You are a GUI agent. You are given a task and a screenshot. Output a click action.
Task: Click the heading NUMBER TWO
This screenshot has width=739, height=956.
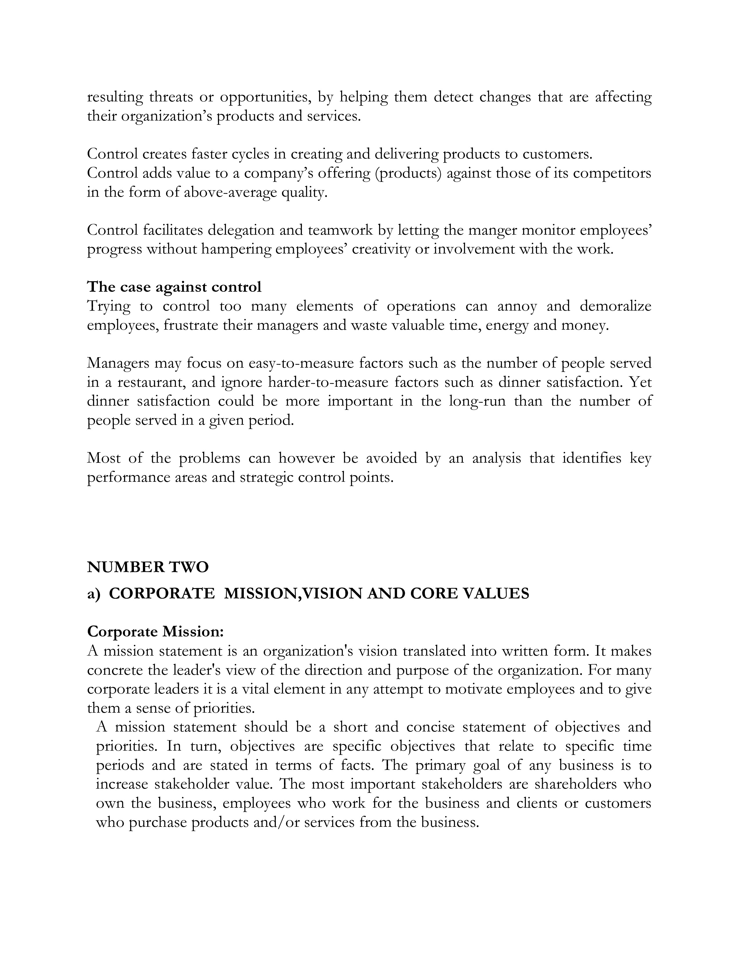click(x=148, y=567)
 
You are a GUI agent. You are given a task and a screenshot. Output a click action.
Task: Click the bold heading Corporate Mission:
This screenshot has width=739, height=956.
click(x=155, y=632)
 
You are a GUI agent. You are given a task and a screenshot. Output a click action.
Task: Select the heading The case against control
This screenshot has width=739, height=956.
click(x=174, y=287)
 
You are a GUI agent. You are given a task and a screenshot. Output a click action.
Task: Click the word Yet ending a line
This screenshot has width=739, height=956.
click(x=640, y=383)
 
